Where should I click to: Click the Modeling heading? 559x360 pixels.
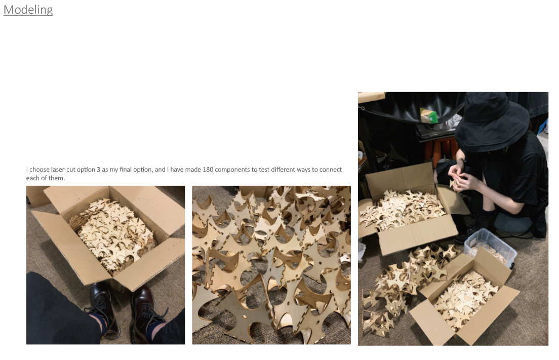[28, 10]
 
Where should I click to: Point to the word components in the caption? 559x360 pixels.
[232, 170]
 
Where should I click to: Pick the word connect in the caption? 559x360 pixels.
[330, 169]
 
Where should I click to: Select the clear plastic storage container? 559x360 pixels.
[491, 246]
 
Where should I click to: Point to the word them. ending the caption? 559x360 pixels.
[56, 178]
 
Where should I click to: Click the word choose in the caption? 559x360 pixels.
[39, 169]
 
